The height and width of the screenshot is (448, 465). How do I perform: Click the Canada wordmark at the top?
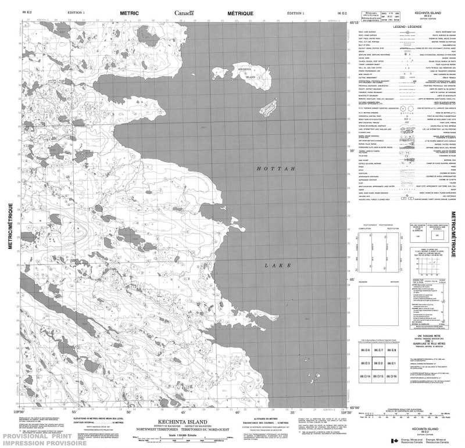click(185, 12)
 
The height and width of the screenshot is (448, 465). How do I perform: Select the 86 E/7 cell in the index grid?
click(378, 350)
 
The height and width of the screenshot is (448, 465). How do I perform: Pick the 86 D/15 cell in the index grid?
click(378, 377)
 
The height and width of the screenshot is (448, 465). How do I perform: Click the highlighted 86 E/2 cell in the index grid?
click(378, 364)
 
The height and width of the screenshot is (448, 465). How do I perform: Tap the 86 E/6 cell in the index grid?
click(365, 350)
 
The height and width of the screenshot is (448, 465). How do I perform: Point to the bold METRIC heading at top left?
click(130, 12)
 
